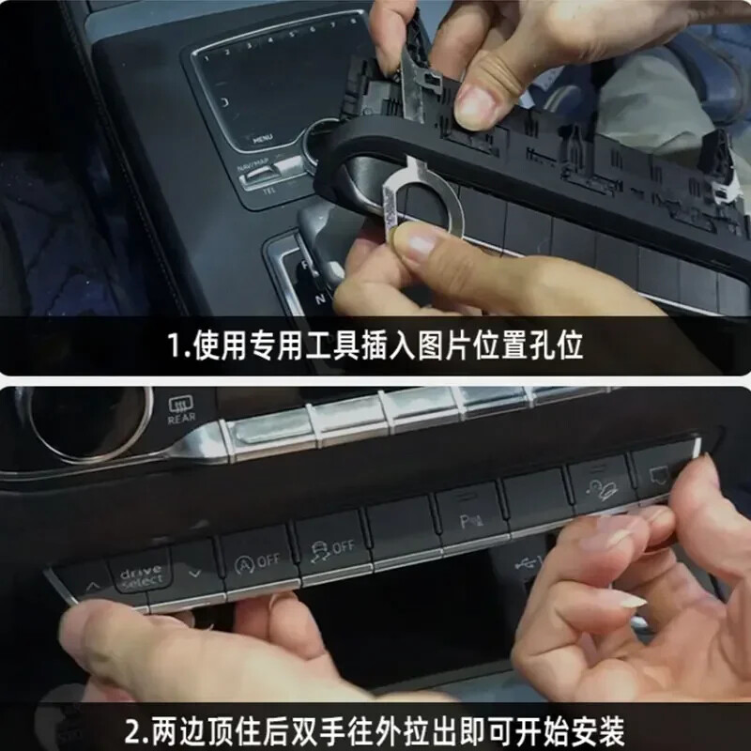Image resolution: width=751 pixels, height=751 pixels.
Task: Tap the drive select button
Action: pos(139,575)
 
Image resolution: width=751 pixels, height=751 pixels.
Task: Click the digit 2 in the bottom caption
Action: pos(134,728)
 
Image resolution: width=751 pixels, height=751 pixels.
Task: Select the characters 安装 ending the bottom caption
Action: pos(595,728)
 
